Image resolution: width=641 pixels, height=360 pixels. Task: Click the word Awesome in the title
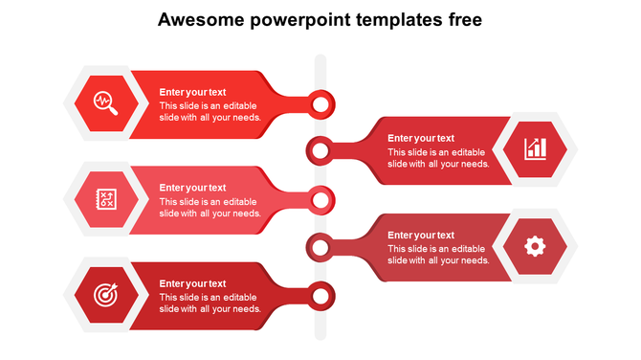(x=193, y=19)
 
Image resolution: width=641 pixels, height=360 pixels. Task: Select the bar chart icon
(x=535, y=148)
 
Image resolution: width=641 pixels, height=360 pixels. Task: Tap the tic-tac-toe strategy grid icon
(x=105, y=199)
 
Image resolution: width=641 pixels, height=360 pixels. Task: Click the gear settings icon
(x=535, y=246)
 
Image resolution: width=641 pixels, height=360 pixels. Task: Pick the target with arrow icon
(x=105, y=295)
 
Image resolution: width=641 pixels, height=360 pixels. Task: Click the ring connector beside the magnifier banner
(x=321, y=102)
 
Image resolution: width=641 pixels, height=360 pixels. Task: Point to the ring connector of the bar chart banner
(x=320, y=149)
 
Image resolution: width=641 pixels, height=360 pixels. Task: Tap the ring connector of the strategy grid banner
(x=321, y=200)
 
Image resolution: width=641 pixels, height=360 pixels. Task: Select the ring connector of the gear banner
(x=320, y=248)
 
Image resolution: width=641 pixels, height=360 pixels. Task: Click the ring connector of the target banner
(x=321, y=296)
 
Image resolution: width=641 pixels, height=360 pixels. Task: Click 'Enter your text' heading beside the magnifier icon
(x=192, y=92)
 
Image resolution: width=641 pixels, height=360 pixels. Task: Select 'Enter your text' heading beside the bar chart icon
(x=421, y=138)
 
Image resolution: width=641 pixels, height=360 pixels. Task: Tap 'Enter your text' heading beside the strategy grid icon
(x=192, y=188)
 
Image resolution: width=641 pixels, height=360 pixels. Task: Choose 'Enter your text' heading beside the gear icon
(x=421, y=235)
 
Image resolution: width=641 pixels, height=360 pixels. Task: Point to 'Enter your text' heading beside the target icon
(x=192, y=283)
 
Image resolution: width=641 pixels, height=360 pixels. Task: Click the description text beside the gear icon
(x=438, y=255)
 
